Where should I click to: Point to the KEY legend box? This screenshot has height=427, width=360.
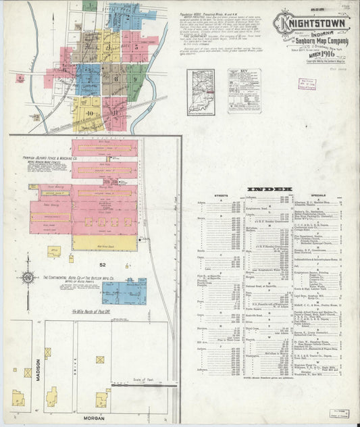click(244, 91)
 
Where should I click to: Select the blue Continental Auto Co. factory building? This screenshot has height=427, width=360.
click(124, 291)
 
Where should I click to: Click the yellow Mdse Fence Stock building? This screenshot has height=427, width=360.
click(105, 243)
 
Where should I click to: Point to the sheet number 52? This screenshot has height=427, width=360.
click(103, 265)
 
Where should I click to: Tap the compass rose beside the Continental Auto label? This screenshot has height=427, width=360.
click(27, 278)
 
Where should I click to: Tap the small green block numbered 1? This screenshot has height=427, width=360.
click(90, 5)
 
